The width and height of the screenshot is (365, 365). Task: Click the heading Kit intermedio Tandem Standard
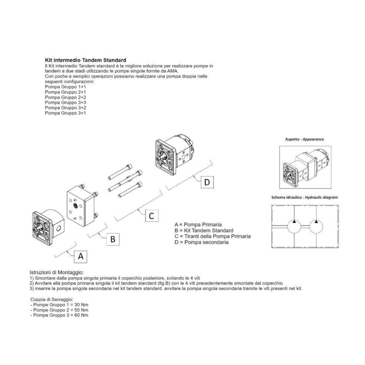(85, 60)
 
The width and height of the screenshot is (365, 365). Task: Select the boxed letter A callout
(81, 256)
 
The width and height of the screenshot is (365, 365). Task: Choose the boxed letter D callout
(207, 182)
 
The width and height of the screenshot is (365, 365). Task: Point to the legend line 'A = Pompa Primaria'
(198, 225)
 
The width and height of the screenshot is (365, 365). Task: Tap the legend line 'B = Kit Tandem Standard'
(204, 231)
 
